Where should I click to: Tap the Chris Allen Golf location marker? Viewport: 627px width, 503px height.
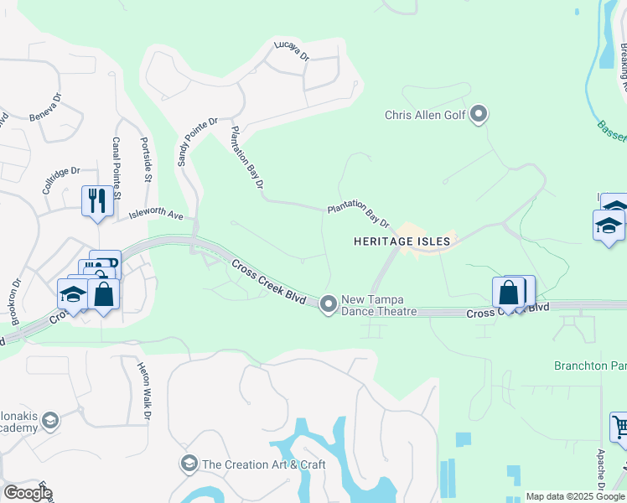click(479, 114)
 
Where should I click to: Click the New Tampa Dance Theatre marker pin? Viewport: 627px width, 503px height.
click(329, 303)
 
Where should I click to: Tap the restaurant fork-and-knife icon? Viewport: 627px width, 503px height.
click(96, 200)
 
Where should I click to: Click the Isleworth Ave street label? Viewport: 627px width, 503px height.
click(156, 215)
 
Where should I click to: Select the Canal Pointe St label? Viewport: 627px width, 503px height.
click(117, 169)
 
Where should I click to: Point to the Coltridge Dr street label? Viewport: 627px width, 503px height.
click(60, 182)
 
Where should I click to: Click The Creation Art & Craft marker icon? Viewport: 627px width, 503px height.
click(189, 464)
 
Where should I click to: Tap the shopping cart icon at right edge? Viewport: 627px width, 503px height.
click(619, 427)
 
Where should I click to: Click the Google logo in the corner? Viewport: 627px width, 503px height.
click(28, 492)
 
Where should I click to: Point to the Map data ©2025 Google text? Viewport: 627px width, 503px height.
click(574, 496)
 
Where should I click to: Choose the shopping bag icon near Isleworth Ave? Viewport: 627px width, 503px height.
click(104, 294)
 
